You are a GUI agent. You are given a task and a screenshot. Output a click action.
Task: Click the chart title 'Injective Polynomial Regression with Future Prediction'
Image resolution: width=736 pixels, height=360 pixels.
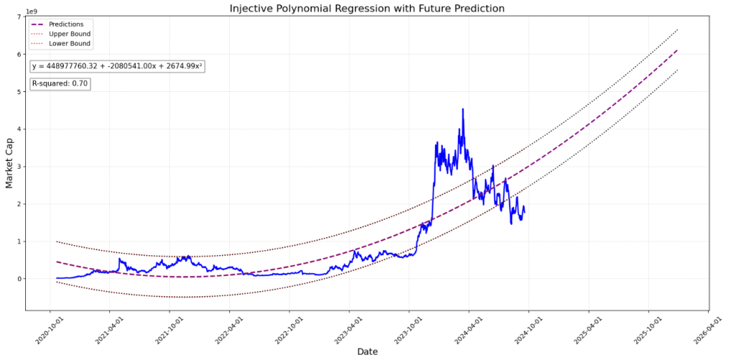pyautogui.click(x=367, y=9)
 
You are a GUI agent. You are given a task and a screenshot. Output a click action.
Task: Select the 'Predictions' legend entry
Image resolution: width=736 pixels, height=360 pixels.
pyautogui.click(x=65, y=24)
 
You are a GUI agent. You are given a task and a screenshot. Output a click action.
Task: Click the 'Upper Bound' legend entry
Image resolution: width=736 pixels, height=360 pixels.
pyautogui.click(x=69, y=34)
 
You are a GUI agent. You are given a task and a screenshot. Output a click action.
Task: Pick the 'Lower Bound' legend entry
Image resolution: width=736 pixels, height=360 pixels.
pyautogui.click(x=69, y=43)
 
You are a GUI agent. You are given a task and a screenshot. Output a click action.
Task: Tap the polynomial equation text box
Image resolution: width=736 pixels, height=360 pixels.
pyautogui.click(x=117, y=66)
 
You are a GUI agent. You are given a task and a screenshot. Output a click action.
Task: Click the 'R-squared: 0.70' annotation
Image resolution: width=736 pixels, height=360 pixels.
pyautogui.click(x=60, y=84)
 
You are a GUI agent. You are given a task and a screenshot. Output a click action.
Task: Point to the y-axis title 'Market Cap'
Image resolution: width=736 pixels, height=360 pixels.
pyautogui.click(x=10, y=163)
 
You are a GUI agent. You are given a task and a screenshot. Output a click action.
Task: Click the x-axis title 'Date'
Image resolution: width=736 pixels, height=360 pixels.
pyautogui.click(x=367, y=351)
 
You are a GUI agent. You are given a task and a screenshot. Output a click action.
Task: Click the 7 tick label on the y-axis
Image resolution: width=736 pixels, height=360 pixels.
pyautogui.click(x=19, y=17)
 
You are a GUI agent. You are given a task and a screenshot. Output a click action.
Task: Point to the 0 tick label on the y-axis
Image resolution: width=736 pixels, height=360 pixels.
pyautogui.click(x=19, y=279)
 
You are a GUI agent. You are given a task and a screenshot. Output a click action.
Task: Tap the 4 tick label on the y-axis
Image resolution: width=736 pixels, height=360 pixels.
pyautogui.click(x=19, y=129)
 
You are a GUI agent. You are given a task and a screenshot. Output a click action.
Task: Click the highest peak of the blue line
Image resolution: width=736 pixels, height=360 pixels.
pyautogui.click(x=463, y=109)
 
